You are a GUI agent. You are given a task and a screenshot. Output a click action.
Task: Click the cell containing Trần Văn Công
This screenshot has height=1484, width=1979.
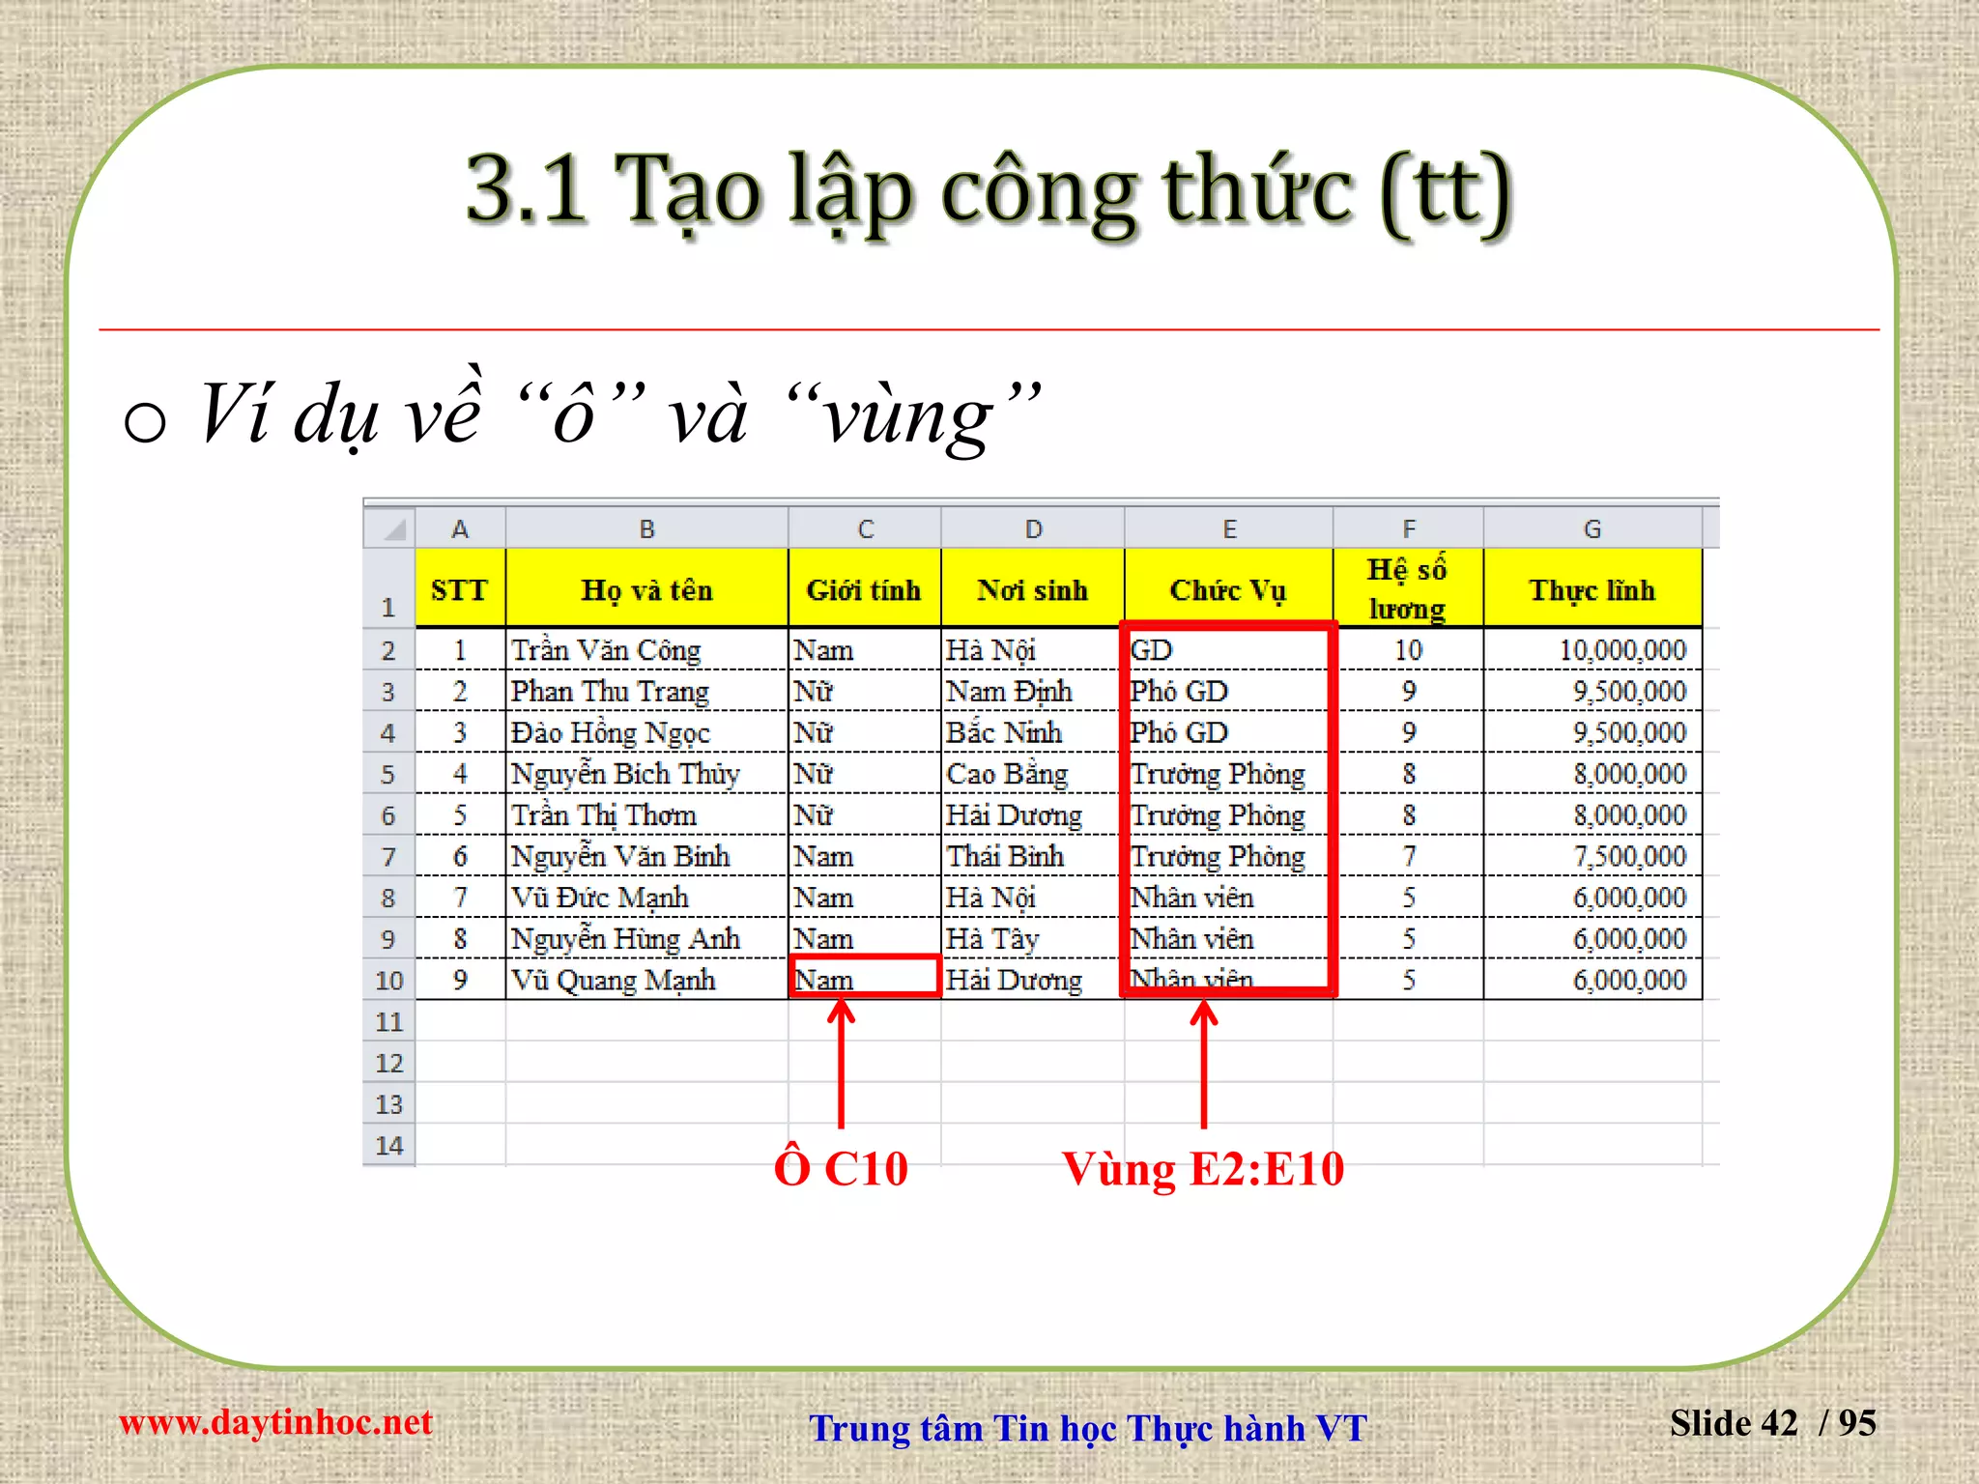click(x=606, y=650)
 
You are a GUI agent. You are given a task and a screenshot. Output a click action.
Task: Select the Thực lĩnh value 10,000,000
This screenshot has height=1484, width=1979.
click(x=1622, y=650)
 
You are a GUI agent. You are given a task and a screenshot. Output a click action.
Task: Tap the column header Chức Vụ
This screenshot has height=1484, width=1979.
click(x=1227, y=589)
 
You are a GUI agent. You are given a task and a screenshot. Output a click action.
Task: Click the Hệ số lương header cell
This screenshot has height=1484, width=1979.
click(x=1407, y=589)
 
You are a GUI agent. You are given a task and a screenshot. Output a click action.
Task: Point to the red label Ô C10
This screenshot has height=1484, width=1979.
click(x=841, y=1168)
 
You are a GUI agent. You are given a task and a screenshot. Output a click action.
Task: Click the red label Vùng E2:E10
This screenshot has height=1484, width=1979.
click(x=1203, y=1168)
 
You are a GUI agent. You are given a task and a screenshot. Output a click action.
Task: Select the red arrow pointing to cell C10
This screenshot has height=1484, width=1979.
click(x=841, y=1063)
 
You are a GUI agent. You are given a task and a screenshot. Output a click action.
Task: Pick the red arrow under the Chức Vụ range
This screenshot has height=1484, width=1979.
click(x=1204, y=1063)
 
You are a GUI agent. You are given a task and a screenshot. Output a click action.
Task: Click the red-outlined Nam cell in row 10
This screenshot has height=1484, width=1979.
click(x=864, y=978)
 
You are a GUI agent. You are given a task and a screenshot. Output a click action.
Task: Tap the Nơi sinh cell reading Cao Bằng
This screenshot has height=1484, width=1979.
click(x=1007, y=774)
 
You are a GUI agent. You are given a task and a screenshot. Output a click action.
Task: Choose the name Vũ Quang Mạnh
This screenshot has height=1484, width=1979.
click(x=613, y=980)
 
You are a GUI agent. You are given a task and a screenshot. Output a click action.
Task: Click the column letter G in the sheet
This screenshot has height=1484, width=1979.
click(x=1592, y=528)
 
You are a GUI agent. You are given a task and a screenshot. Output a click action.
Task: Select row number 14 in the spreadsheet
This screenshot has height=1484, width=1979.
click(x=388, y=1146)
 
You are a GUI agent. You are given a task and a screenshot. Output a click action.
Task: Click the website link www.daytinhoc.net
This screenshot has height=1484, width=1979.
click(x=275, y=1422)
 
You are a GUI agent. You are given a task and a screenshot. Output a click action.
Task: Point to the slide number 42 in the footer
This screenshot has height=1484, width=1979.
click(x=1779, y=1423)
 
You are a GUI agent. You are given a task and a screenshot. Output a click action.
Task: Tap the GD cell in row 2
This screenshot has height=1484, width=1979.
click(x=1152, y=650)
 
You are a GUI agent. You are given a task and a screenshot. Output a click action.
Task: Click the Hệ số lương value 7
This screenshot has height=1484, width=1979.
click(x=1408, y=856)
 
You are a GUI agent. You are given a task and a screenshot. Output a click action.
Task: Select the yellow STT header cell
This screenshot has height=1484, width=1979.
click(x=459, y=589)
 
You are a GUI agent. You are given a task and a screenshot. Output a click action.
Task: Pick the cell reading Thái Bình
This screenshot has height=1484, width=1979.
click(x=1005, y=856)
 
